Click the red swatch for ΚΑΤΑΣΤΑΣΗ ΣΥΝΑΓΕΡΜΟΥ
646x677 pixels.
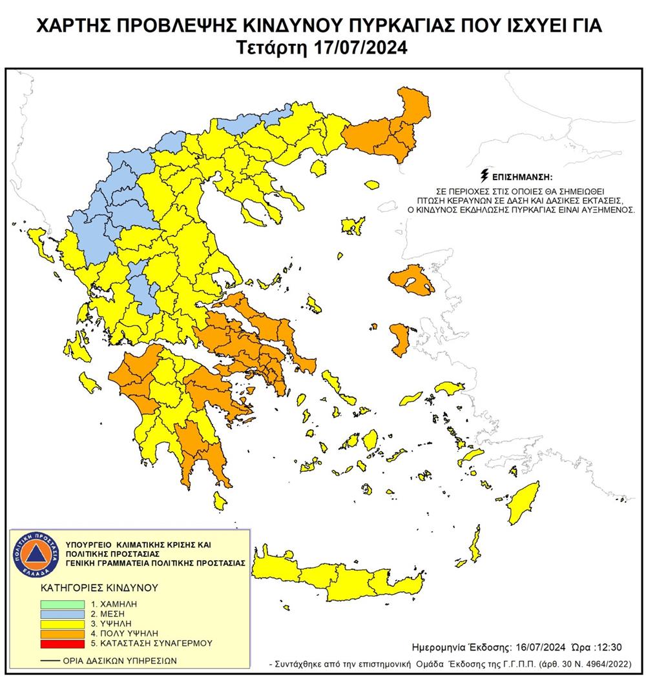[61, 643]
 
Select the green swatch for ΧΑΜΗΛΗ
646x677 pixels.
[61, 603]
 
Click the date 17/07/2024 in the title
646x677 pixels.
[365, 48]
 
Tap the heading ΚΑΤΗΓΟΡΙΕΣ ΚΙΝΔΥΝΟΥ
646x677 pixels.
[90, 589]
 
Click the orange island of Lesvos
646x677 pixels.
[411, 281]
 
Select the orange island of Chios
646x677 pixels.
[399, 339]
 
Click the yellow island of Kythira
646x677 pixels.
[220, 499]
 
